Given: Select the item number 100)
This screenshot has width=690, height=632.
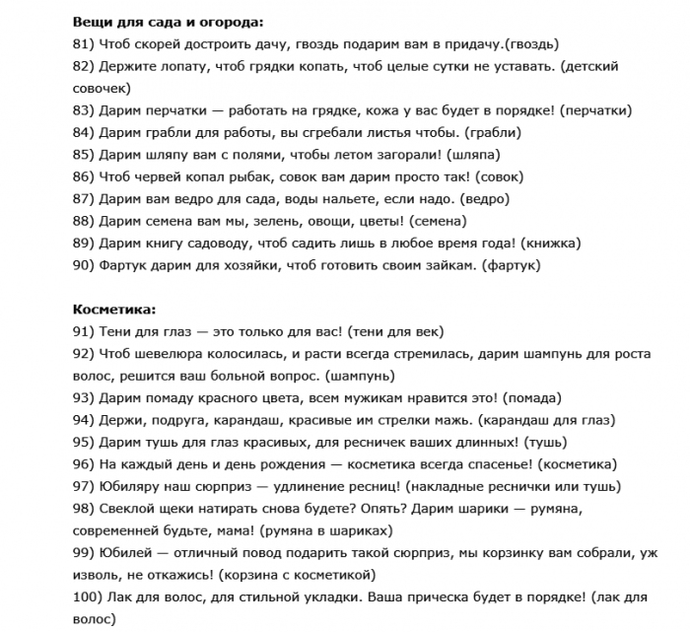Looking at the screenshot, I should (x=91, y=597).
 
